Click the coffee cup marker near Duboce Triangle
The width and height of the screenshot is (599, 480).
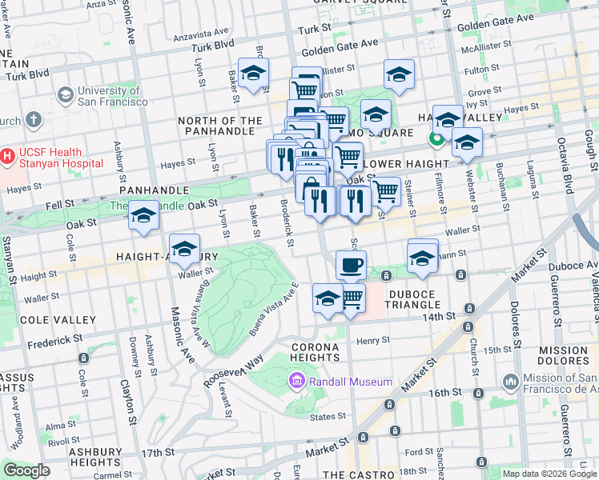[x=350, y=265]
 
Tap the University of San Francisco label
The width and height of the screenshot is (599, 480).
[x=112, y=96]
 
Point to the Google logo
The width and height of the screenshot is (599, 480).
[x=26, y=470]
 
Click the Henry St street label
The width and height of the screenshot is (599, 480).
[x=372, y=340]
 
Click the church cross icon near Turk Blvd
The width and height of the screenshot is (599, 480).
[x=32, y=120]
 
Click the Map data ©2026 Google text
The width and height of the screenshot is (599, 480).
[x=549, y=473]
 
